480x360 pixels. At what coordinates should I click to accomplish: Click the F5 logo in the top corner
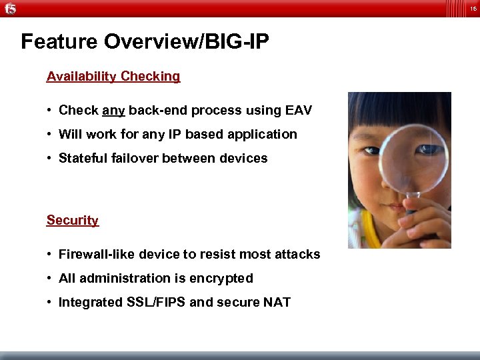pos(11,8)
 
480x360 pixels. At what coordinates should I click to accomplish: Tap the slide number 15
pos(472,8)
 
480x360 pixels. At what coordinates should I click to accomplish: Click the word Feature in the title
pos(59,42)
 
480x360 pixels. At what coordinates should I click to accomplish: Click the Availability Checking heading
pos(113,76)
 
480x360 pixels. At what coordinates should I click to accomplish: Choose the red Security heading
pos(73,220)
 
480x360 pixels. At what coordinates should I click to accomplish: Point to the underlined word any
pos(113,111)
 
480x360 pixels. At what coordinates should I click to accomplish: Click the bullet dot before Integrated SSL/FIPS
pos(50,303)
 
